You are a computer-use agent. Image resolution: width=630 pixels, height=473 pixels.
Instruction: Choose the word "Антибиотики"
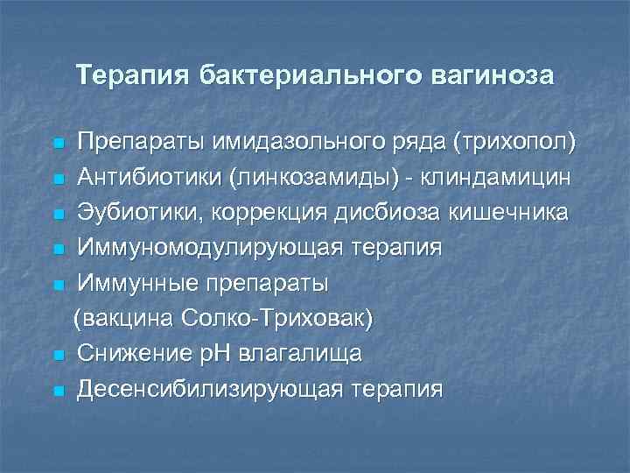click(150, 178)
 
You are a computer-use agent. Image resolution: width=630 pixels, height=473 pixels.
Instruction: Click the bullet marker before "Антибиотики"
click(58, 180)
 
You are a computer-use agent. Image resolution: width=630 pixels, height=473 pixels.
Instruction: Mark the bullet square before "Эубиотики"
click(58, 215)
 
